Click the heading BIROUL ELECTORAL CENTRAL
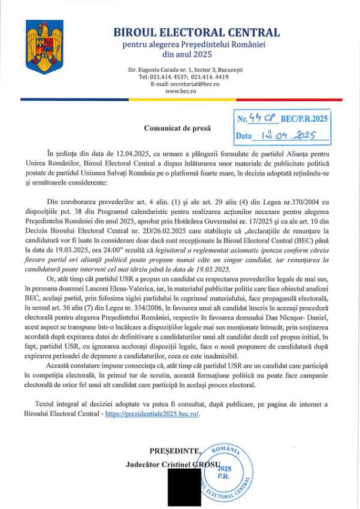[196, 32]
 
